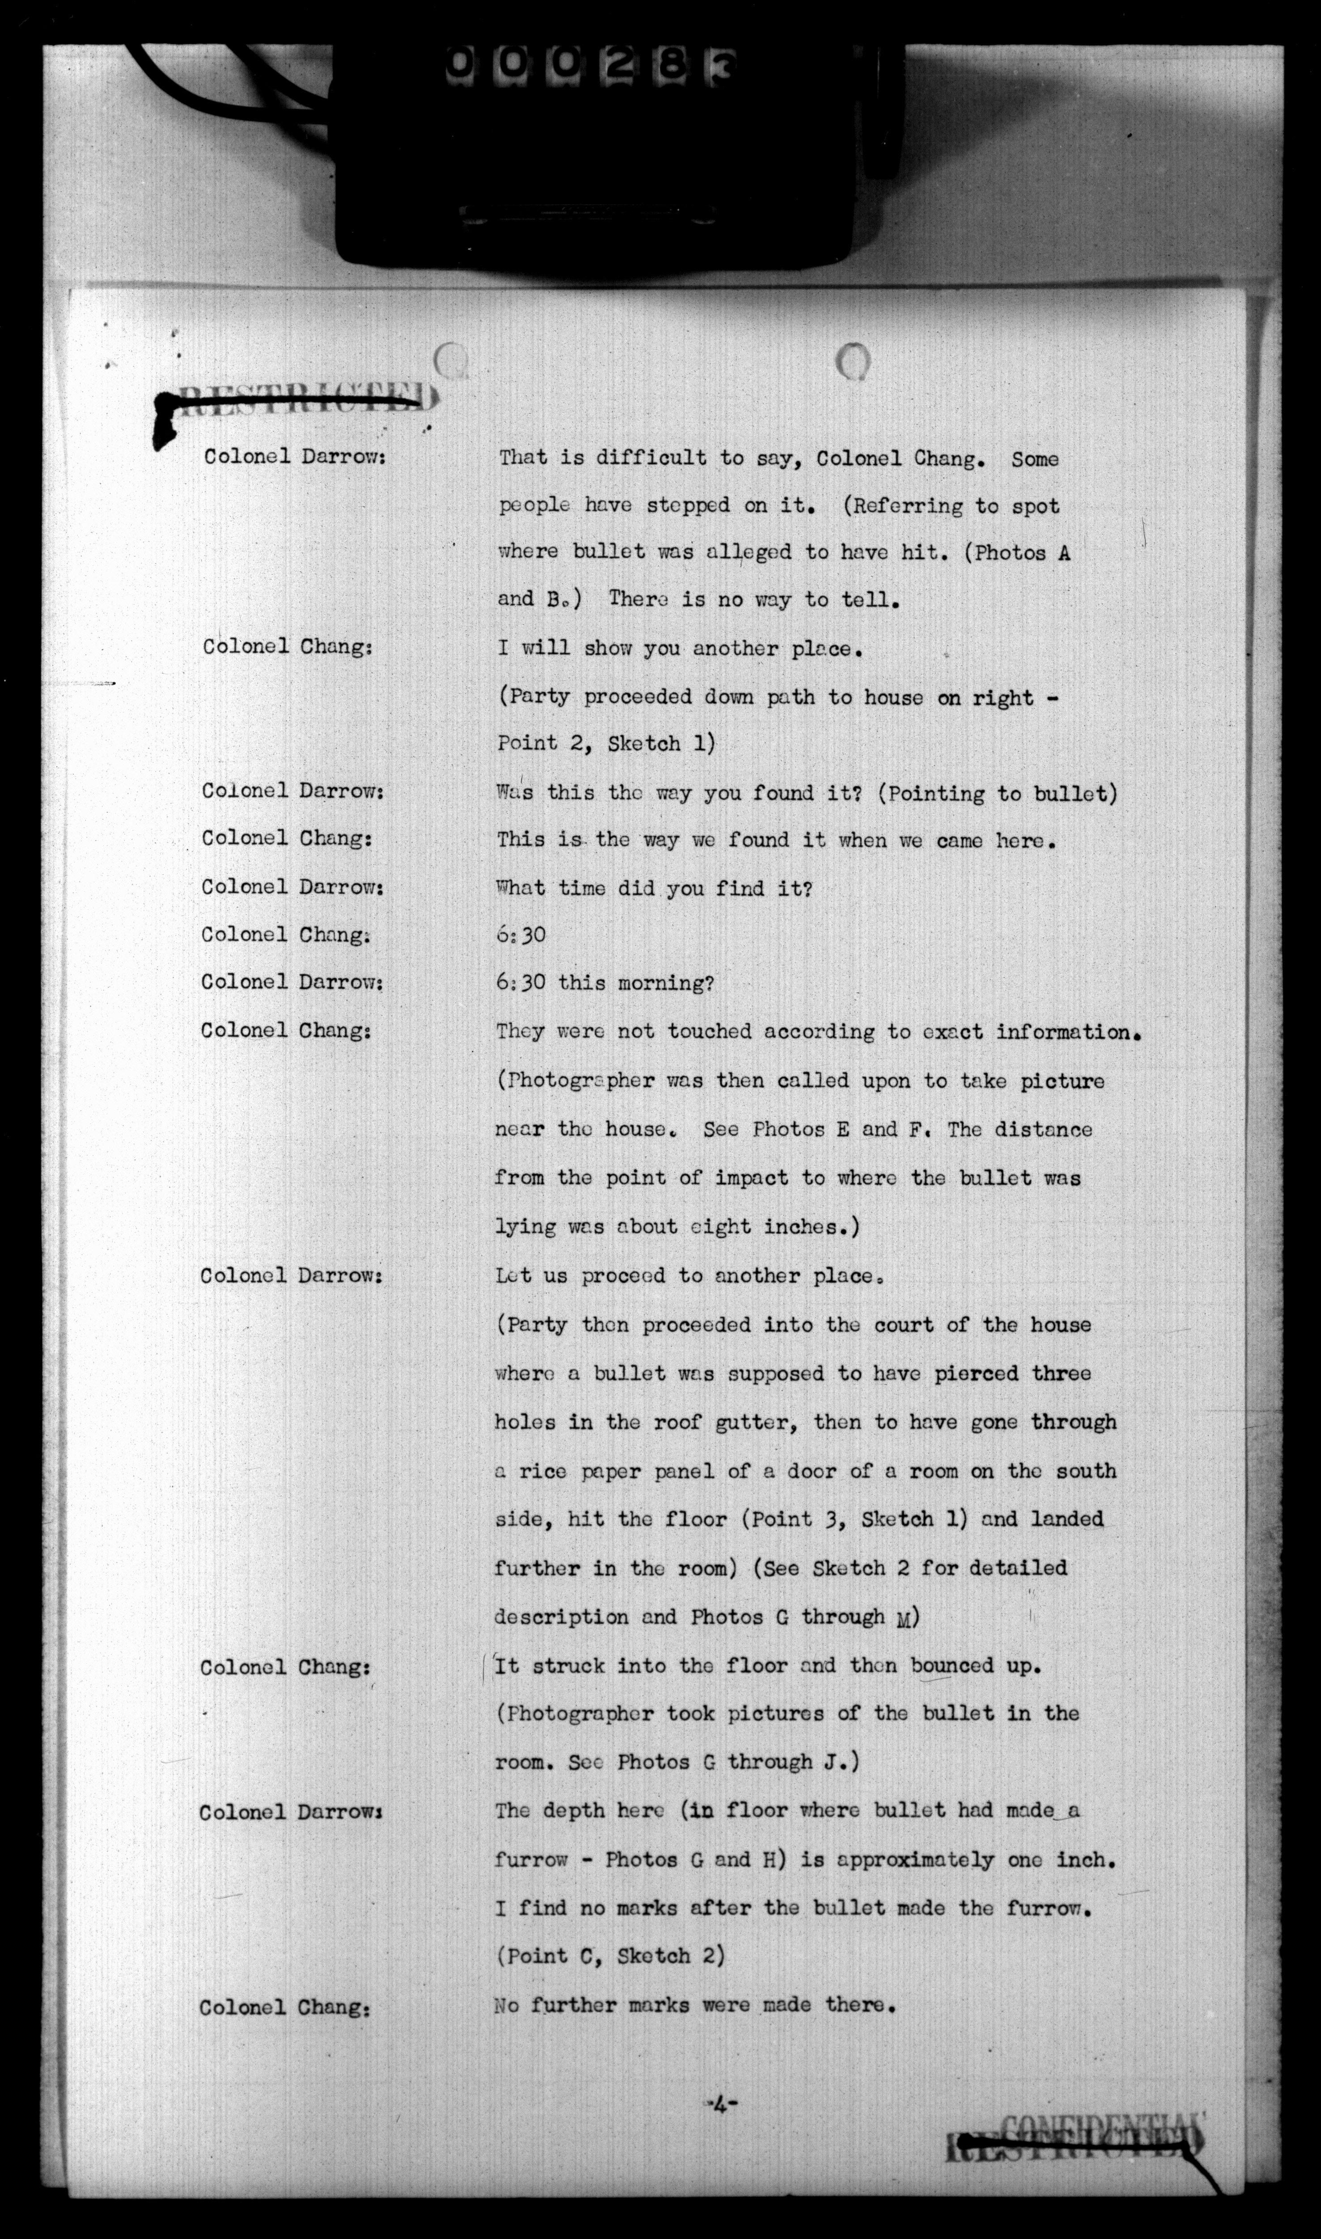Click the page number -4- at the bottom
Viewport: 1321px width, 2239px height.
721,2105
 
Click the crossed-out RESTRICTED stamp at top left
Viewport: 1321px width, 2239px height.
298,401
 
